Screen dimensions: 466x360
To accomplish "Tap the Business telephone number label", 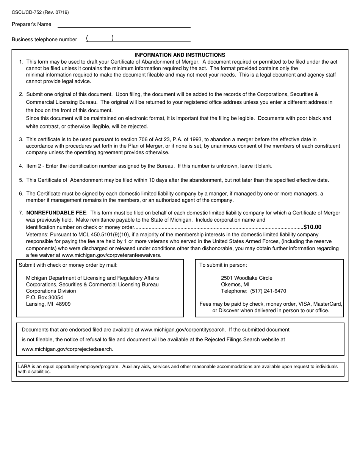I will point(44,39).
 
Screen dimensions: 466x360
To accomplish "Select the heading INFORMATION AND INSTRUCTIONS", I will point(180,55).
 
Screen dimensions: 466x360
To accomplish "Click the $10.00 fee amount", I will point(312,227).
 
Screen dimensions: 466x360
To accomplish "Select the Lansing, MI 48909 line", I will point(48,304).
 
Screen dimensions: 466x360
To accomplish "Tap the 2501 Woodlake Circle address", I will point(246,278).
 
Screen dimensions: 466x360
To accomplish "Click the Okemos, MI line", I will point(235,285).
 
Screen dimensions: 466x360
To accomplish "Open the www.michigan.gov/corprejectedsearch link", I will point(67,349).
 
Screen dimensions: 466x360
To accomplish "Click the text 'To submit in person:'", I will point(223,265).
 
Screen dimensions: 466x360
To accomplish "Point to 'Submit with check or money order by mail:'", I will point(68,265).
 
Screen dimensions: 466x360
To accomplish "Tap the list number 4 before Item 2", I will point(21,166).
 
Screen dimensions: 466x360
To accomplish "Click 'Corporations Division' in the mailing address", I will point(51,291).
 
